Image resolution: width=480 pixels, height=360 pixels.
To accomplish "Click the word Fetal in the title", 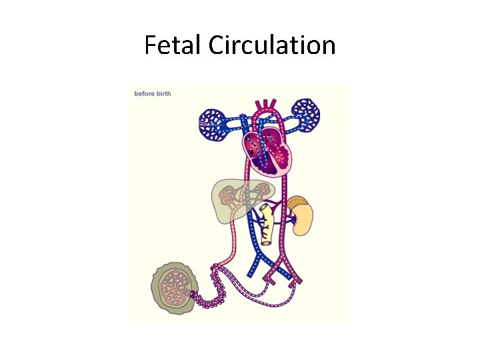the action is [x=174, y=45].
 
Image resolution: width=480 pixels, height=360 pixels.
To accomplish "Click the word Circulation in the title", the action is [x=271, y=45].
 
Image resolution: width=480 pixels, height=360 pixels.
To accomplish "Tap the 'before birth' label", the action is [x=153, y=94].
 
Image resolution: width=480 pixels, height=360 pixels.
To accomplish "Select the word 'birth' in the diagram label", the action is [x=163, y=94].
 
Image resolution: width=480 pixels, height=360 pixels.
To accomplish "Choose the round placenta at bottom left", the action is [x=175, y=287].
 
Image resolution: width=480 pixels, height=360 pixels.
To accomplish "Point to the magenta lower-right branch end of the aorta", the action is [x=297, y=280].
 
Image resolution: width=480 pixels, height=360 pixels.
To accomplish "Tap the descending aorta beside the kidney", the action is [x=283, y=220].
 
